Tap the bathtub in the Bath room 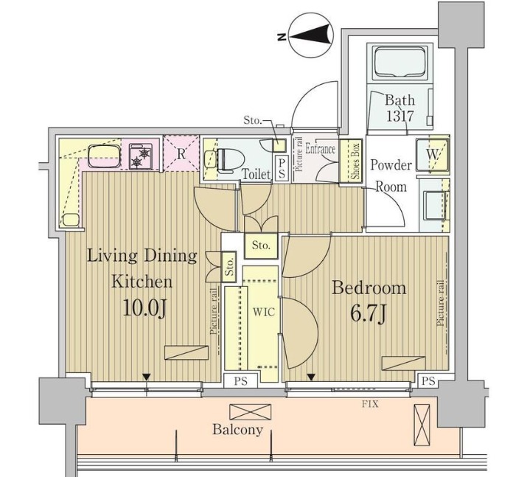(x=400, y=62)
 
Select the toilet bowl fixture (x=230, y=160)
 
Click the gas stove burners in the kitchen (x=141, y=157)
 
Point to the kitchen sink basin (x=104, y=157)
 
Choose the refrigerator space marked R (x=181, y=153)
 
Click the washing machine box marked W (x=432, y=155)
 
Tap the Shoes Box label (x=355, y=161)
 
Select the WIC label (x=264, y=312)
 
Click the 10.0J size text (x=145, y=308)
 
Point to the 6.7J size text (x=369, y=314)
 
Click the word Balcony (x=238, y=429)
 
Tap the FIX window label (x=370, y=404)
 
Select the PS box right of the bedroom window (x=428, y=381)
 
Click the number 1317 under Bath (x=400, y=116)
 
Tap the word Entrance (x=321, y=149)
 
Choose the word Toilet (x=256, y=174)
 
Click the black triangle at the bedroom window (x=311, y=377)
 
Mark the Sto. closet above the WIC (x=262, y=245)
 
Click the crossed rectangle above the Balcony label (x=251, y=411)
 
